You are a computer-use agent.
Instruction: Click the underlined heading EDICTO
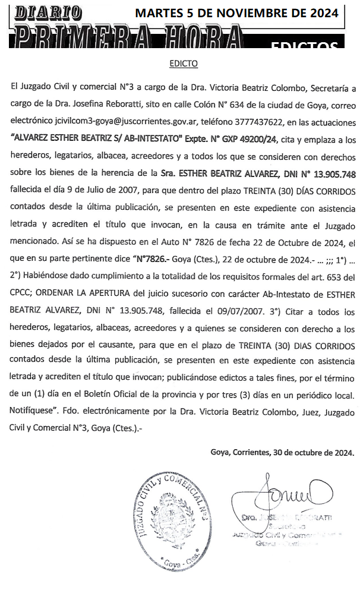[184, 63]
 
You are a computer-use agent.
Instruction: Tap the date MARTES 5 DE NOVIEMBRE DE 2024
[236, 12]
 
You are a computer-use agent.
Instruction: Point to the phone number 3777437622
[257, 122]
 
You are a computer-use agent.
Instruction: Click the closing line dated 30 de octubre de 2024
[282, 452]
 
